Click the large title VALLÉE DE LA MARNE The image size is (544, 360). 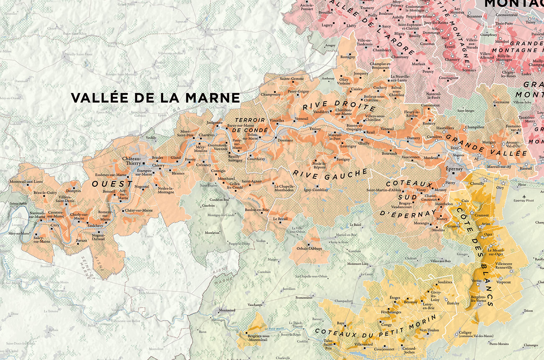(155, 98)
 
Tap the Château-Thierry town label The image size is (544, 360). (131, 161)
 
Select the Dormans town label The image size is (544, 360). (285, 140)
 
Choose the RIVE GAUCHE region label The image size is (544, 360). (330, 172)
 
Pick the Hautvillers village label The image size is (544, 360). (445, 128)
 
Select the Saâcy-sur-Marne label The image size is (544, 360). (42, 239)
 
